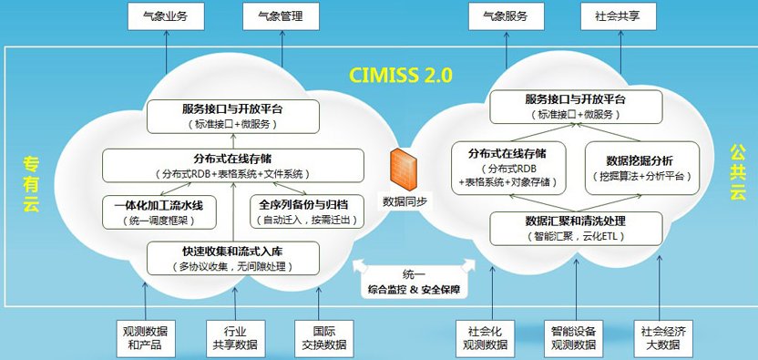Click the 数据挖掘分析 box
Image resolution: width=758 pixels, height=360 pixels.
coord(637,167)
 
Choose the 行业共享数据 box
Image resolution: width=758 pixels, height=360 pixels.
coord(233,337)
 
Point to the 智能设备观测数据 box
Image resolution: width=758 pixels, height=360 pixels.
coord(574,337)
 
